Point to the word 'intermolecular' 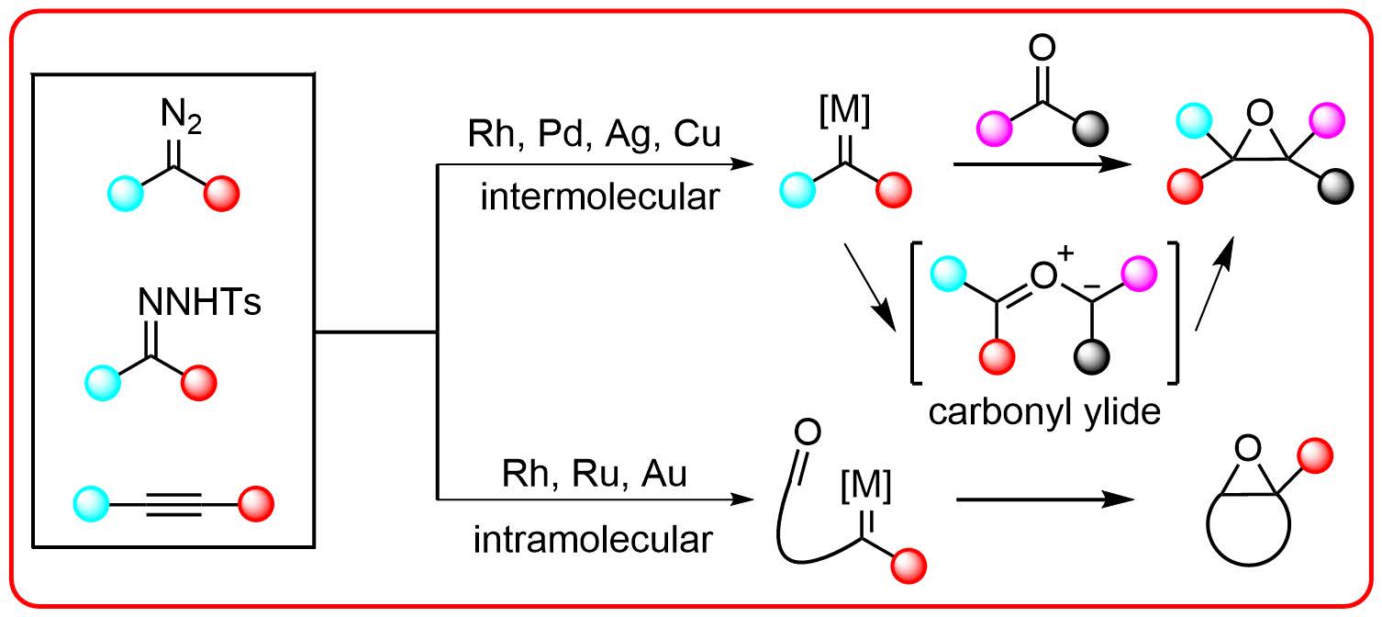click(x=597, y=196)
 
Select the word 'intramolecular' click(x=593, y=540)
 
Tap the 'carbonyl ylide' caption click(x=1044, y=411)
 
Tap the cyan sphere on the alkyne click(x=91, y=503)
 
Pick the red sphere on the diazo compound click(x=221, y=195)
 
